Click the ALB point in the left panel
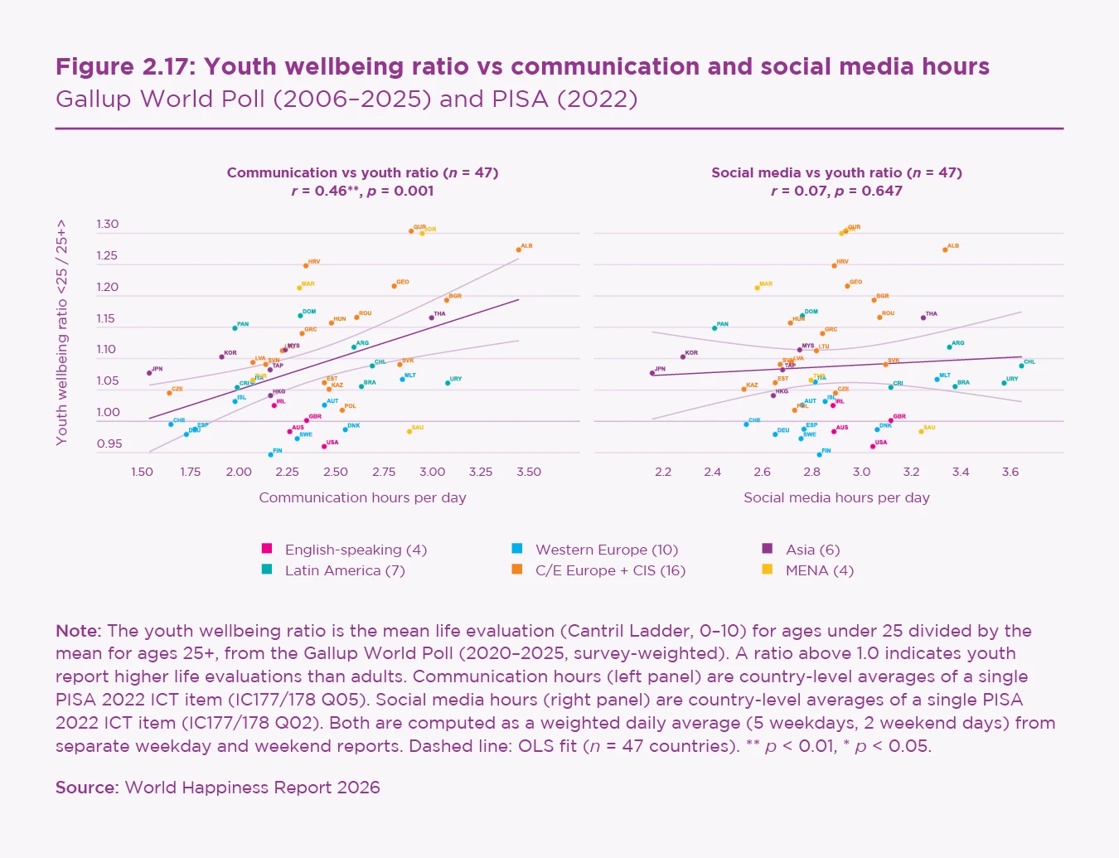(519, 250)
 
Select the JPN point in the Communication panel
(149, 373)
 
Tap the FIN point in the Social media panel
(819, 454)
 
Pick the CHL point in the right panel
(1021, 366)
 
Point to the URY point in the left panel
(448, 383)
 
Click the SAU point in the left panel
(409, 431)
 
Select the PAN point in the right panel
(715, 328)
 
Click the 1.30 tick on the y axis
(108, 224)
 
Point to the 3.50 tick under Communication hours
(529, 472)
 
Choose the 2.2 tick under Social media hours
(663, 472)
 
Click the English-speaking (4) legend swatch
(267, 548)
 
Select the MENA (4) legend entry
(819, 570)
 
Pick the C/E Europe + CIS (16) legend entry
(610, 570)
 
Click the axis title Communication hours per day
(362, 497)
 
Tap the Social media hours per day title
(836, 497)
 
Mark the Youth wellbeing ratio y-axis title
(62, 332)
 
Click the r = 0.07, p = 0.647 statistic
(836, 191)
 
